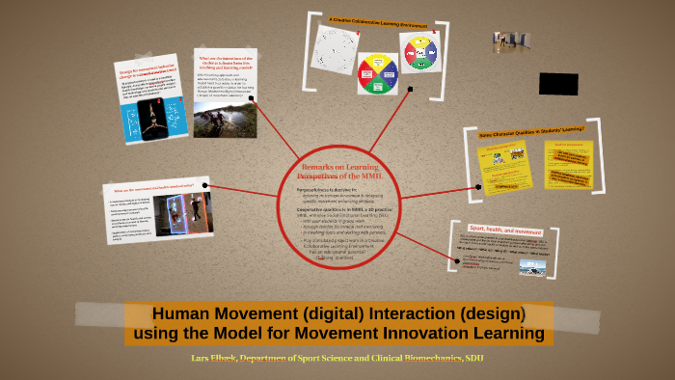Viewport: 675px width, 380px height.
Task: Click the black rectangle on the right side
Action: click(x=558, y=84)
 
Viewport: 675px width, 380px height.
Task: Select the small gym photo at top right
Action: click(x=512, y=41)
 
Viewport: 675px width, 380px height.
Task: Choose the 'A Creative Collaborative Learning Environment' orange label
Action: click(x=377, y=21)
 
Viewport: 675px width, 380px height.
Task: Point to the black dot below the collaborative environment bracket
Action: click(x=411, y=90)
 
